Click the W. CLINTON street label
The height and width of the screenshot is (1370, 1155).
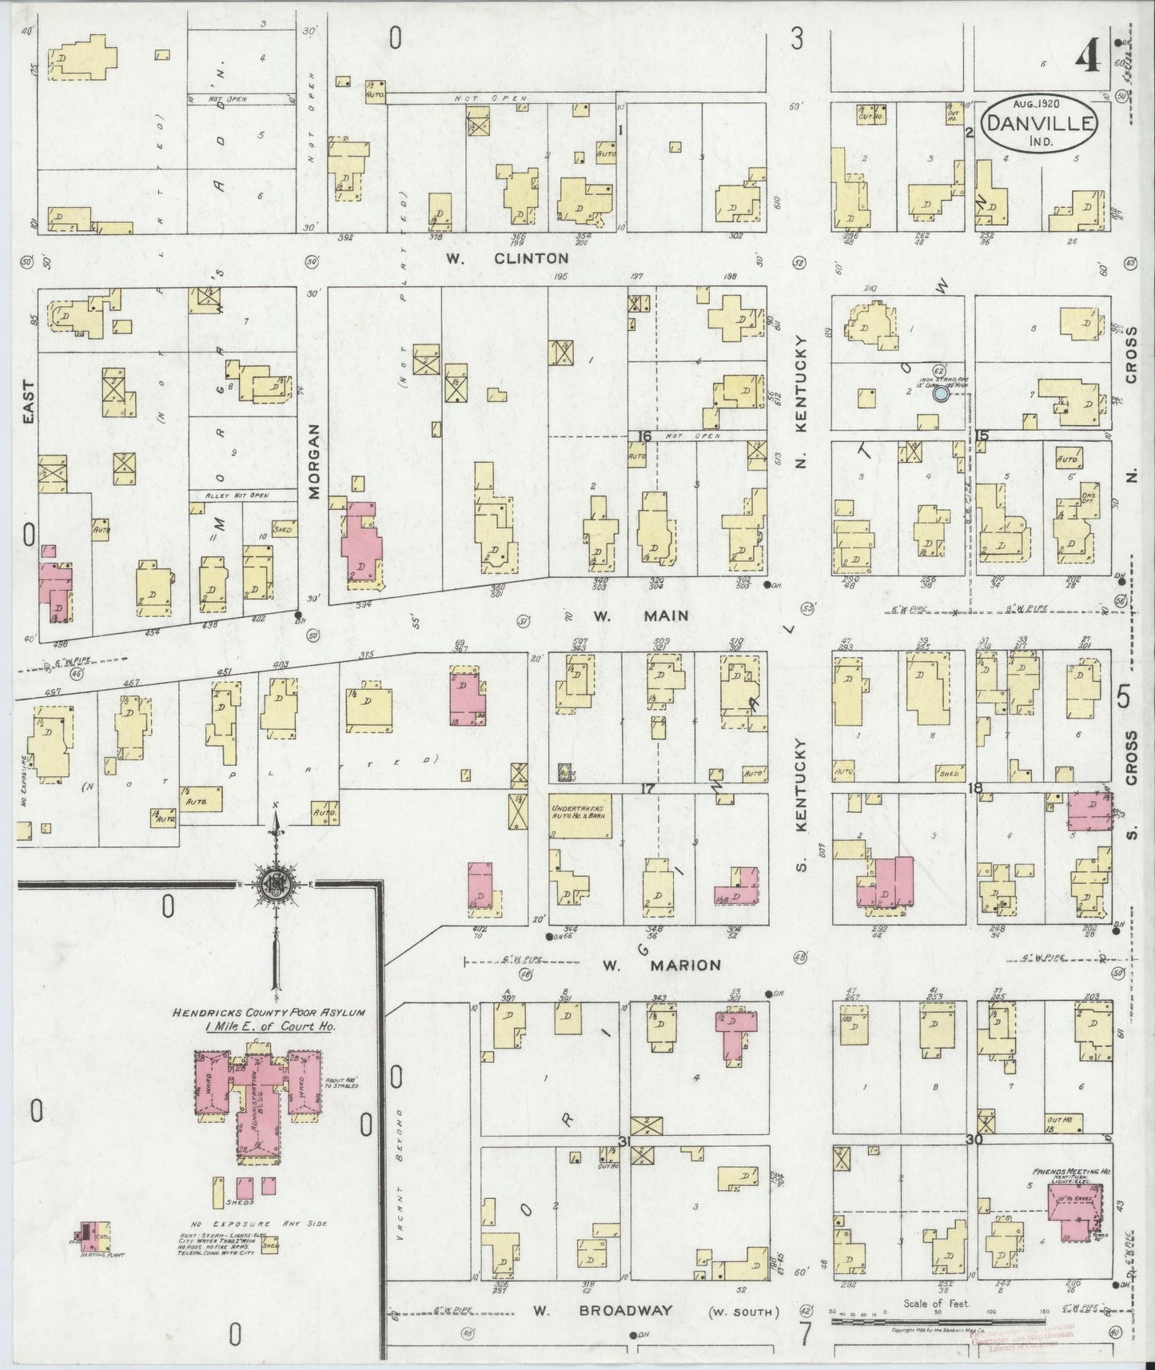point(519,258)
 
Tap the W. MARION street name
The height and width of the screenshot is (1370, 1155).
point(661,965)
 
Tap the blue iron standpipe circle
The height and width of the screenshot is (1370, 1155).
point(941,392)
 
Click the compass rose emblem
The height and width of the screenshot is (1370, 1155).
point(275,885)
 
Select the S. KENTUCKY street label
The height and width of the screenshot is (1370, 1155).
point(802,803)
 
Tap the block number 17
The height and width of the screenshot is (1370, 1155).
point(647,788)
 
